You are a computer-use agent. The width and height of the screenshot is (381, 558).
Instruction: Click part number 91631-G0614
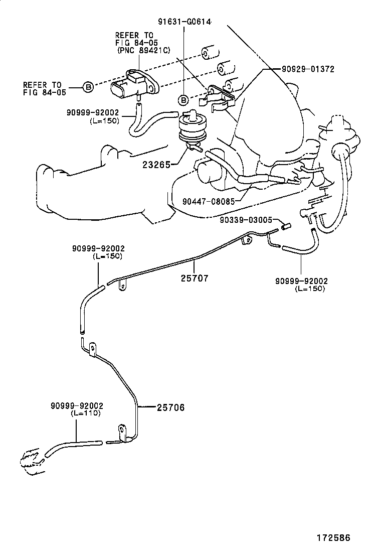pyautogui.click(x=184, y=22)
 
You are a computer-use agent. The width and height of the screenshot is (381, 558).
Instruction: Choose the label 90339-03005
pyautogui.click(x=246, y=220)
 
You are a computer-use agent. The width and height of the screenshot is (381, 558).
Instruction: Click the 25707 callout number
pyautogui.click(x=194, y=277)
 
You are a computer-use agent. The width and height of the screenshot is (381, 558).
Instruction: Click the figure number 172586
pyautogui.click(x=332, y=537)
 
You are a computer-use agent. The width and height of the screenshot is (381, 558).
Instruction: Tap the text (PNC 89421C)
pyautogui.click(x=143, y=50)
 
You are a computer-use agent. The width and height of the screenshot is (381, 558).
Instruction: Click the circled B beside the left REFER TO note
pyautogui.click(x=88, y=87)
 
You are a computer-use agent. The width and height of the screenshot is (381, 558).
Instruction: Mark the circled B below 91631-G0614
pyautogui.click(x=184, y=99)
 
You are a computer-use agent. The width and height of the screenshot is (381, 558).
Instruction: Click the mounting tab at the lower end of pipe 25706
pyautogui.click(x=121, y=430)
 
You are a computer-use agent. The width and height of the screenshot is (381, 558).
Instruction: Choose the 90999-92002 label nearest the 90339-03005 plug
pyautogui.click(x=301, y=281)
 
